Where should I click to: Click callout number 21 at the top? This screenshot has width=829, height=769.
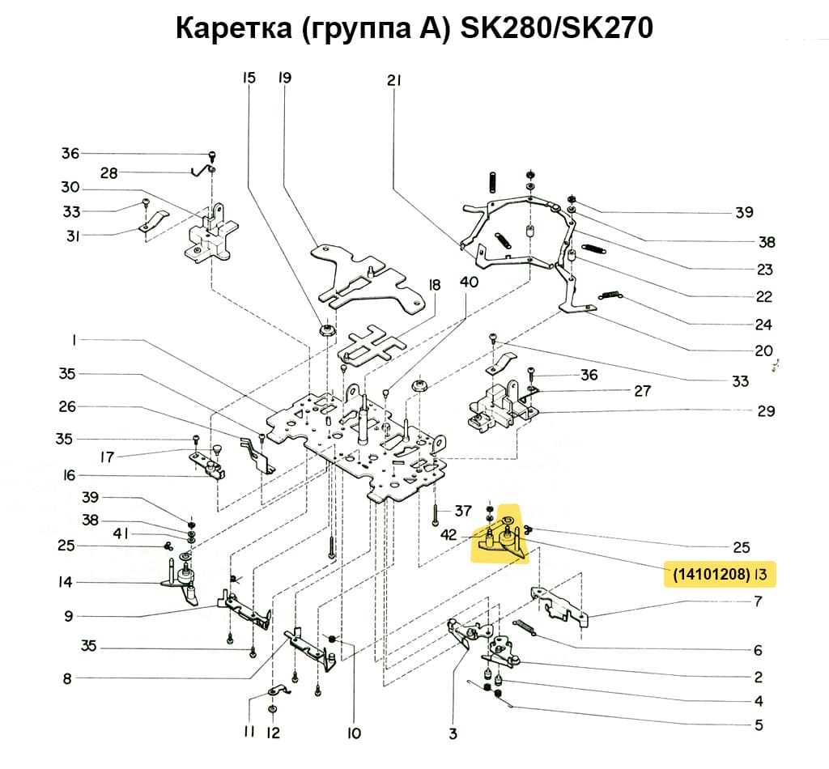pos(394,80)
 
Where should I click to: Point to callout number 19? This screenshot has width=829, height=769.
pos(284,79)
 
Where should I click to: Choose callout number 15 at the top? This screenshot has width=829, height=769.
pos(249,79)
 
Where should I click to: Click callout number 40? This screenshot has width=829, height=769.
pos(469,282)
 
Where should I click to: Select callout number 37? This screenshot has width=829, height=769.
pos(462,510)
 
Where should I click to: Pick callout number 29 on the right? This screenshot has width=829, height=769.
pos(766,410)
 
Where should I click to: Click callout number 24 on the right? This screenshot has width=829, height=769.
pos(763,325)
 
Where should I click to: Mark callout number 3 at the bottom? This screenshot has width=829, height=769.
pos(453,733)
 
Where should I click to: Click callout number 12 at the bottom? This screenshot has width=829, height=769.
pos(274,733)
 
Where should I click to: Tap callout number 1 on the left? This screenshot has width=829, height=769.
pos(74,341)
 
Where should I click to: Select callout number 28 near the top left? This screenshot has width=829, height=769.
pos(108,173)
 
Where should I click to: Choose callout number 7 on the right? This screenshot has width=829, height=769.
pos(758,601)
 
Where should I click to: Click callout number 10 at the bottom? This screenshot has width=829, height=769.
pos(353,733)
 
